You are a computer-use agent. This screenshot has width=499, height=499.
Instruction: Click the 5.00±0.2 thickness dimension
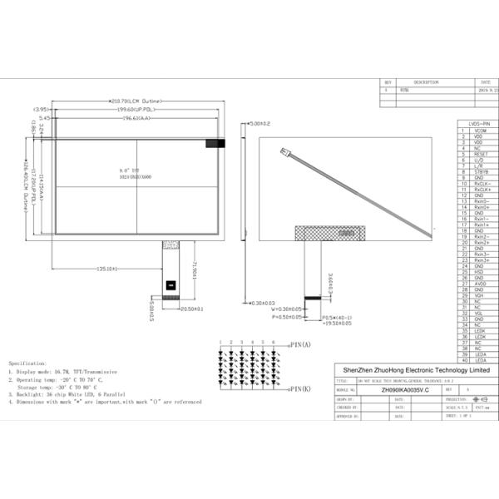point(260,123)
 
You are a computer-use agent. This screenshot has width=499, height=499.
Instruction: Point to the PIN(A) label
point(299,344)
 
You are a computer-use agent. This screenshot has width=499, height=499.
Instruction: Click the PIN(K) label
point(299,389)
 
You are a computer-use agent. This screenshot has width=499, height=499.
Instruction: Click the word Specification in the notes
point(28,363)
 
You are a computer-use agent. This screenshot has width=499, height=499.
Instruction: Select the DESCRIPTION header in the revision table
point(426,83)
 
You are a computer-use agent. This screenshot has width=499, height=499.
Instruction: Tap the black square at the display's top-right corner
point(215,143)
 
